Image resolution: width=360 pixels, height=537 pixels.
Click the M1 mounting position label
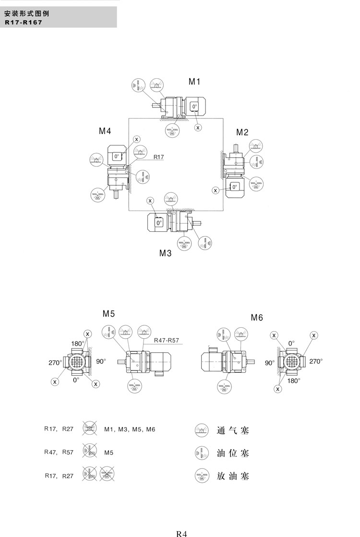pos(194,82)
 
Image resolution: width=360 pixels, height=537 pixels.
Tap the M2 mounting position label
pos(242,132)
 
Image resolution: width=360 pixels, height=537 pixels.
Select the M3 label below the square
pos(165,253)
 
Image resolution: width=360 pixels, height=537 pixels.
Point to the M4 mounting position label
pos(105,131)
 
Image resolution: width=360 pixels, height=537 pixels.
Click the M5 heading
pos(108,314)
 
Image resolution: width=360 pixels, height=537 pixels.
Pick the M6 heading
pos(257,318)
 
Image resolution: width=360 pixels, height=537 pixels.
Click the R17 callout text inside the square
pos(159,157)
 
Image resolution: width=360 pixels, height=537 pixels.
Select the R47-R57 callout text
pos(167,341)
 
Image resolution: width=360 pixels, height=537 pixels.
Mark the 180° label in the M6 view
pos(294,381)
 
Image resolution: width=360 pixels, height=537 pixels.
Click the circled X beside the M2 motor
pos(216,191)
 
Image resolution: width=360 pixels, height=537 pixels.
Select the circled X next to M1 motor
pos(198,128)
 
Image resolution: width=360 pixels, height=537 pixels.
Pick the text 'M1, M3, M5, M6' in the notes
pos(130,429)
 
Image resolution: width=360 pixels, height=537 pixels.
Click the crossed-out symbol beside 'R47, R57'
pos(89,451)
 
